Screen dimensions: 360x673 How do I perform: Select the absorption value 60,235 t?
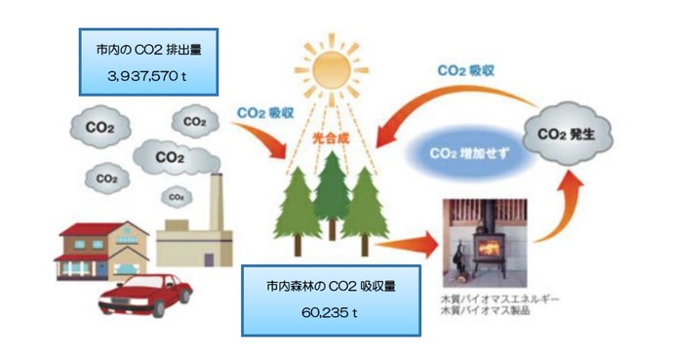[332, 314]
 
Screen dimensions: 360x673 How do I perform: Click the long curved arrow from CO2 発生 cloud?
[458, 98]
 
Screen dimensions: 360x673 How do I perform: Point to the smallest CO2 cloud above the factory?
[177, 196]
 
